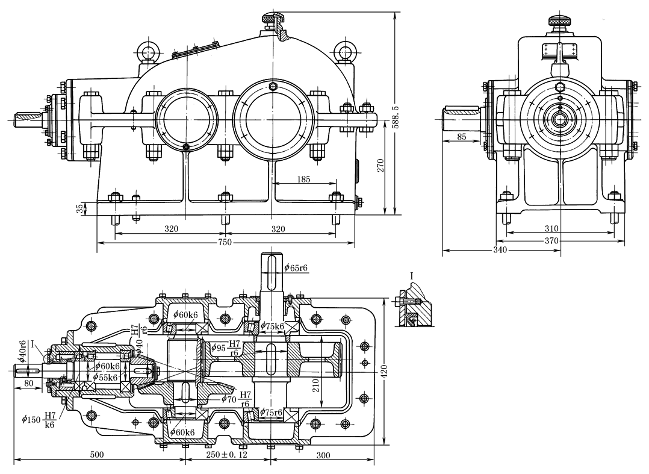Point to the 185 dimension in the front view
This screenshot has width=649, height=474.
click(x=304, y=179)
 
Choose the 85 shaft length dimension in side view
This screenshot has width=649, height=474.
click(x=461, y=137)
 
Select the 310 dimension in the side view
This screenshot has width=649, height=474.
click(x=551, y=229)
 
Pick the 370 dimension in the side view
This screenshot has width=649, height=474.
click(x=551, y=241)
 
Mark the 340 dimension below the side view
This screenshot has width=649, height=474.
click(x=500, y=250)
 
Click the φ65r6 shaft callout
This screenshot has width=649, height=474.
click(x=296, y=267)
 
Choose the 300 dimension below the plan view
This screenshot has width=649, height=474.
click(x=323, y=455)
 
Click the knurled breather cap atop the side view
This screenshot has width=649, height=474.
click(x=559, y=22)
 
